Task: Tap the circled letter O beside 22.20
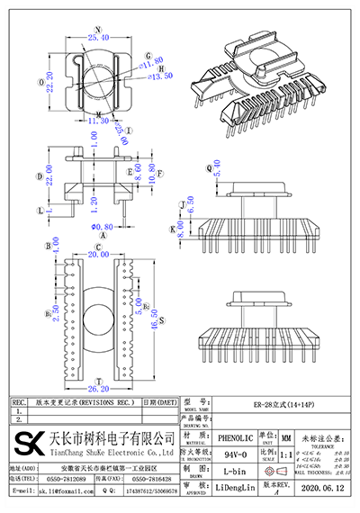click(x=33, y=81)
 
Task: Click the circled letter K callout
click(x=171, y=229)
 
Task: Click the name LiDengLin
click(x=236, y=493)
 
